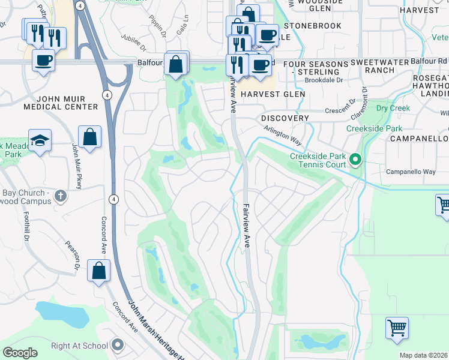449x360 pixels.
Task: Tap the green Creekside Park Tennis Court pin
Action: point(355,160)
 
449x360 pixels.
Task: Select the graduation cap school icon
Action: point(40,140)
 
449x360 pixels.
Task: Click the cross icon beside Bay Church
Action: point(60,195)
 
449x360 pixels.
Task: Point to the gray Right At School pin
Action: point(118,345)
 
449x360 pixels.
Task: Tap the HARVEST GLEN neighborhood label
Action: point(273,94)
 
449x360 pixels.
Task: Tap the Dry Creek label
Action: point(393,109)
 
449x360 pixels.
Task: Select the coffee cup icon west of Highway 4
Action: point(43,61)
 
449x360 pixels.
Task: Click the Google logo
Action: point(20,353)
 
